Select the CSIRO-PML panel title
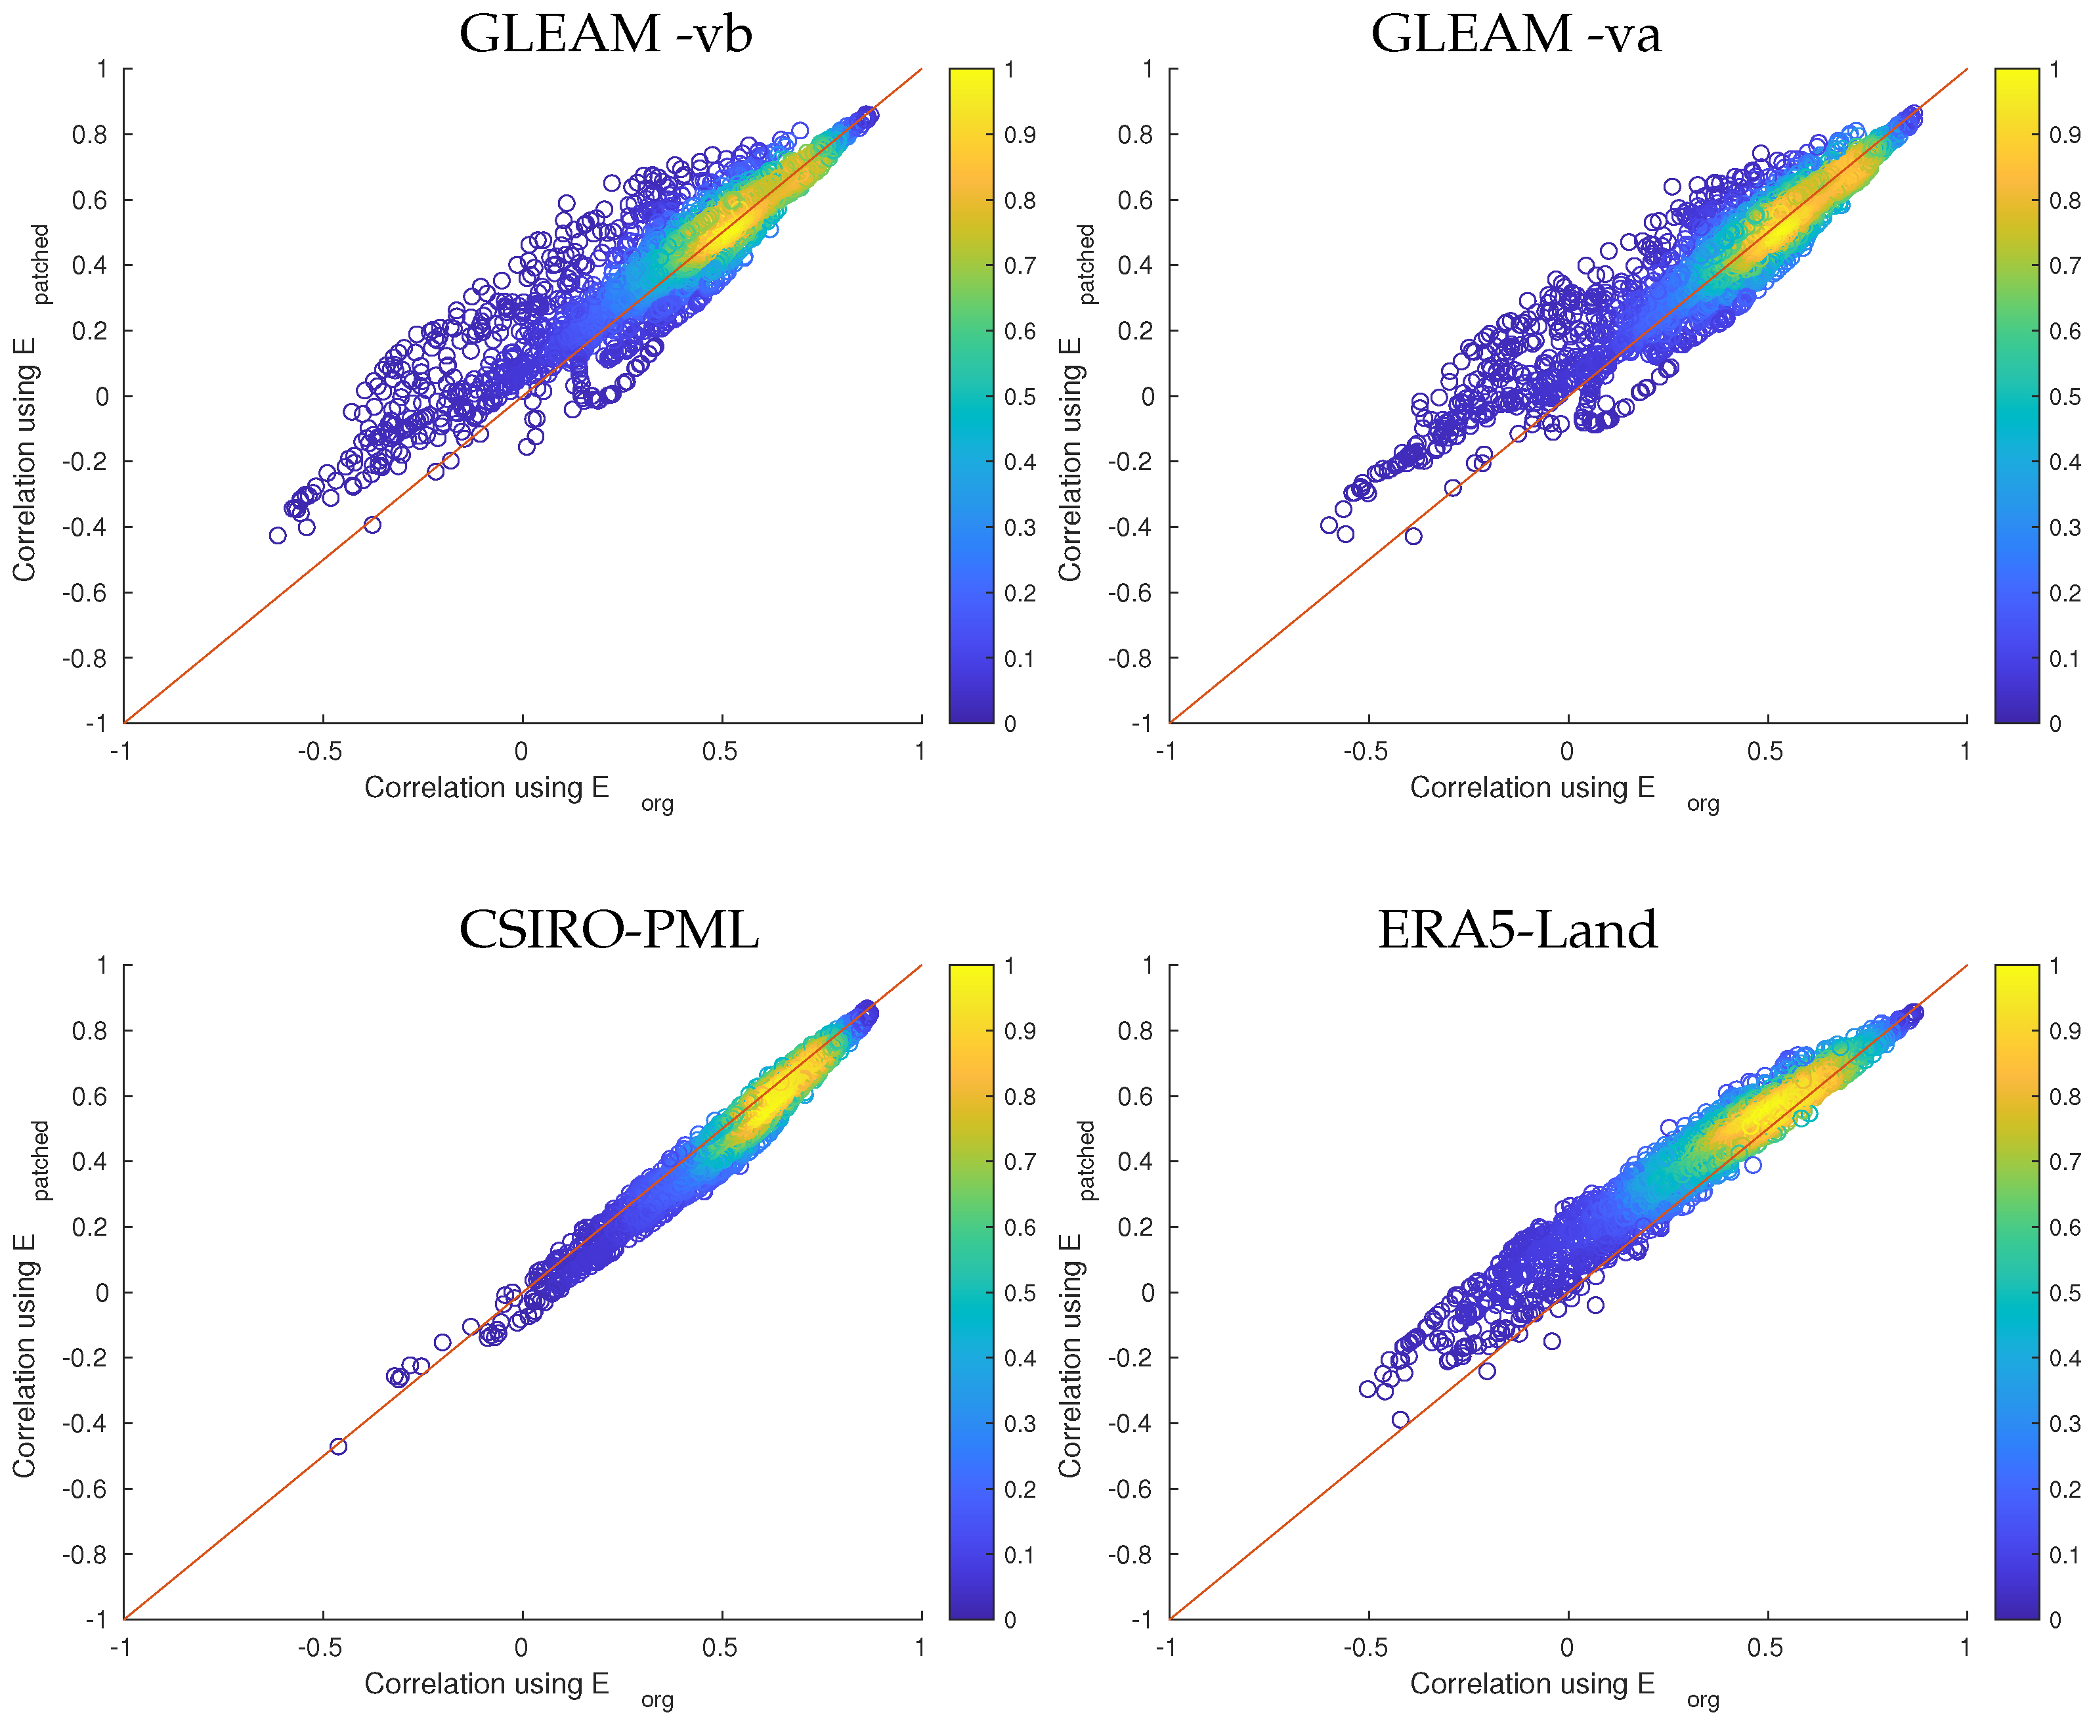(609, 930)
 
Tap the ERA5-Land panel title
(1517, 930)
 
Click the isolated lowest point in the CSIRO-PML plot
(338, 1447)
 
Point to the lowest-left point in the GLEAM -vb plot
(278, 535)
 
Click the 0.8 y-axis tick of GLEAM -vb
(89, 135)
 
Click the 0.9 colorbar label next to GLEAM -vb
(1020, 135)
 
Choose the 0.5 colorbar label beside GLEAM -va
(2065, 397)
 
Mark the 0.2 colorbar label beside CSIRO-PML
(1020, 1489)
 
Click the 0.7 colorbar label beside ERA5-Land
(2065, 1162)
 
